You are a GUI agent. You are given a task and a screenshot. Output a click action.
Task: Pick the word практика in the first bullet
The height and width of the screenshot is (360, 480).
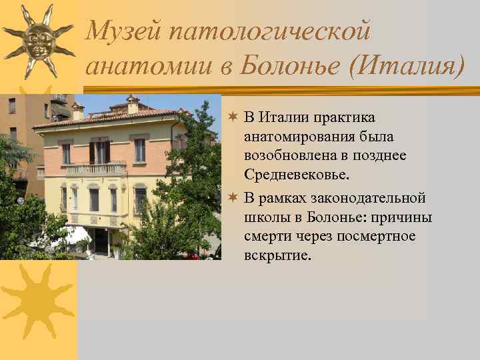coord(345,118)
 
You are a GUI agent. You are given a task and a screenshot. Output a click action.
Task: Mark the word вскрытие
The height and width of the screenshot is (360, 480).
coord(276,255)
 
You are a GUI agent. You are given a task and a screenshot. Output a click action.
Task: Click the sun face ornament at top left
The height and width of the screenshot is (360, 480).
coord(37,40)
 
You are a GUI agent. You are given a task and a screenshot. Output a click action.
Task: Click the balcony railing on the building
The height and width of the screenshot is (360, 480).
coord(97,169)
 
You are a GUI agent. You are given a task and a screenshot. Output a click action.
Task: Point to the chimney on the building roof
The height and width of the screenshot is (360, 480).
coord(133,103)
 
